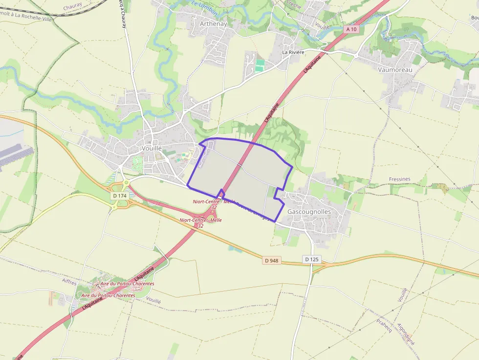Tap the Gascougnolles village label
[309, 212]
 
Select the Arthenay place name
[213, 23]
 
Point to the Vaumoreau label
[395, 70]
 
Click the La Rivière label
[293, 52]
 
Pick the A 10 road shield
[351, 29]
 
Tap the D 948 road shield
[271, 260]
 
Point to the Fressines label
[400, 179]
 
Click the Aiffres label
[70, 281]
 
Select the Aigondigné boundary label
[406, 334]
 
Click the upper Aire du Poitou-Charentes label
[127, 284]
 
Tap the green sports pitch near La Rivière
[260, 65]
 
